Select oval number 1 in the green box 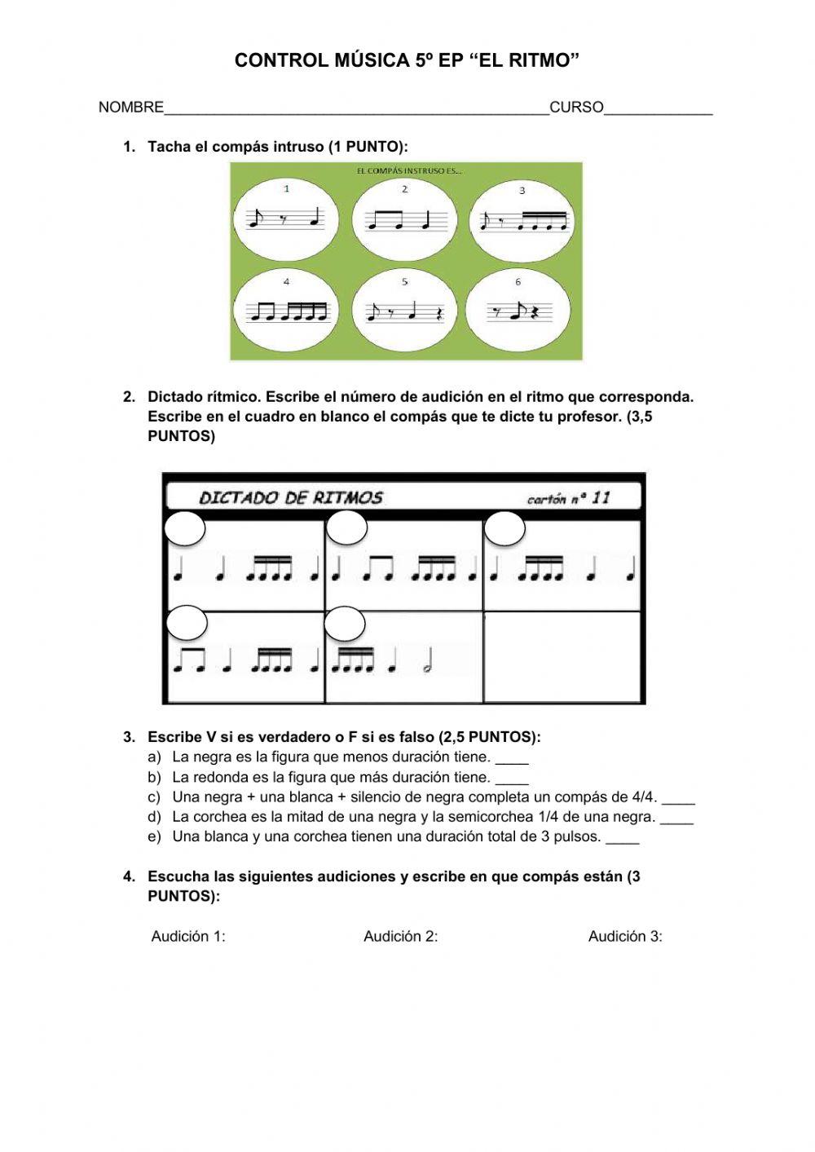[x=287, y=218]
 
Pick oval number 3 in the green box [x=522, y=218]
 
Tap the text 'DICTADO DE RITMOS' [x=290, y=497]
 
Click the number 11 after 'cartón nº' [x=601, y=497]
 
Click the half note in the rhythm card [x=428, y=665]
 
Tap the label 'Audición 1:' [x=188, y=937]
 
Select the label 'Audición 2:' [x=400, y=937]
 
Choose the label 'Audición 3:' [x=625, y=937]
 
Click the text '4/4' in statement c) [x=644, y=797]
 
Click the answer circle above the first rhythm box [x=185, y=529]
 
